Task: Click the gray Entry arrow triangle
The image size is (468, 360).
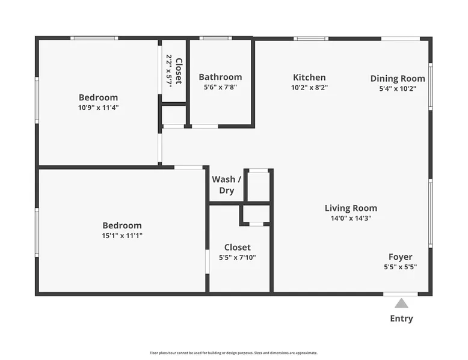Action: [401, 304]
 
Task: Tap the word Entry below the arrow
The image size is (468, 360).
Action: [401, 319]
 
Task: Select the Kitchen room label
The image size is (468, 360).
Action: [309, 78]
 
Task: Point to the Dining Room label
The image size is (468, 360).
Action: [398, 79]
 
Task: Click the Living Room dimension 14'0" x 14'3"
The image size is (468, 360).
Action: [351, 218]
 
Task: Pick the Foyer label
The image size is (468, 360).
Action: [401, 257]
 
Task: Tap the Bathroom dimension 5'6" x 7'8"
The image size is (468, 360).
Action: [220, 87]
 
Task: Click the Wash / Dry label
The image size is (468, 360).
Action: [227, 185]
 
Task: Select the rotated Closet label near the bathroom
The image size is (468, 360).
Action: [179, 71]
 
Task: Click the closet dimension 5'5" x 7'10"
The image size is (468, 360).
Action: [238, 257]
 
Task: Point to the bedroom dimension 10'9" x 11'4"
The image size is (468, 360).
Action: [99, 108]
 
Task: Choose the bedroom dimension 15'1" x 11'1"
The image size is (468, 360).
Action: [122, 236]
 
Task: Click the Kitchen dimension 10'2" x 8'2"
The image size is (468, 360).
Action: [310, 88]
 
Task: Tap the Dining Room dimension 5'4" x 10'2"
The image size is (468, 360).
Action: [398, 89]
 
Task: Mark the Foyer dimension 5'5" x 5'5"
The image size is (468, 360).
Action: [400, 267]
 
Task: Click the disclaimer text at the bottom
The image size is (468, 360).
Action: [234, 353]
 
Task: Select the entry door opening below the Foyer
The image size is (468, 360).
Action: [401, 294]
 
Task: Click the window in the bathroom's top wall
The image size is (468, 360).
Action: [215, 38]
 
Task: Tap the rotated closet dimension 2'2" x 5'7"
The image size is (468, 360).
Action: [169, 71]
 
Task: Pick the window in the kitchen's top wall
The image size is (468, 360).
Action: [311, 38]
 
